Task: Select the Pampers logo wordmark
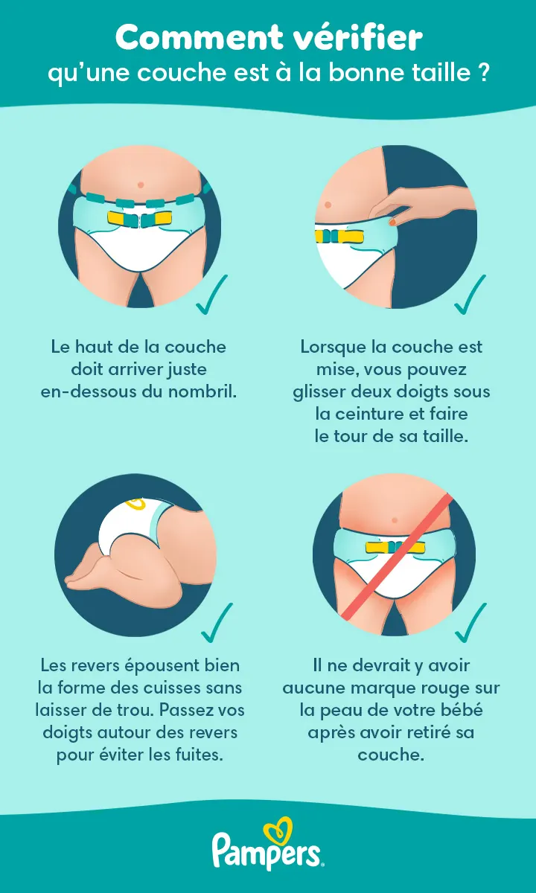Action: coord(267,851)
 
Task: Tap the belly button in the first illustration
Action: coord(140,184)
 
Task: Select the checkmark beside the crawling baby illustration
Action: coord(217,624)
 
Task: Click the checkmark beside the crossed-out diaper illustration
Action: coord(470,624)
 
